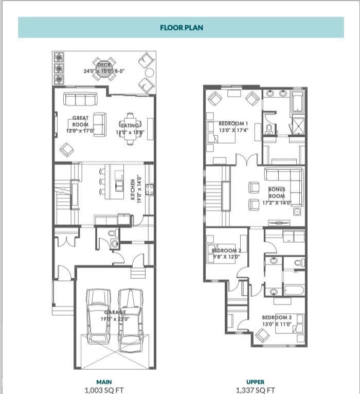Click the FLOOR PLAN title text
pos(181,27)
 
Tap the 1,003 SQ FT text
pos(104,390)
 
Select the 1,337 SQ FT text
pos(256,390)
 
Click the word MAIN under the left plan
pos(104,382)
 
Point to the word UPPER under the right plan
pos(256,382)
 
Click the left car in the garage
pos(98,316)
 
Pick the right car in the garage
pos(130,316)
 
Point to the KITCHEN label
pos(133,190)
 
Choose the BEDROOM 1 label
pos(233,123)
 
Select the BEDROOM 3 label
pos(276,317)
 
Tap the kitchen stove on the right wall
pos(149,189)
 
